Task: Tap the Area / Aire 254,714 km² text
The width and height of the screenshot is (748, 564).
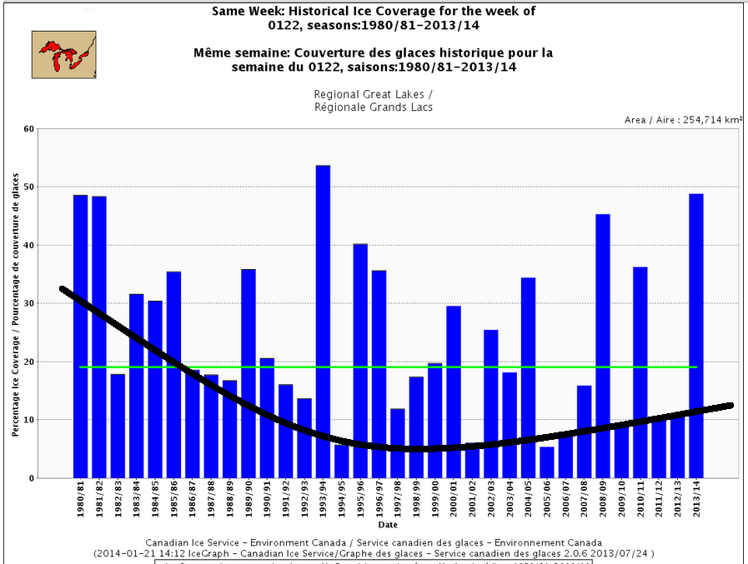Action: (683, 120)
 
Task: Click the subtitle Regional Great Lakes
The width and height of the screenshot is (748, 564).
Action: (373, 94)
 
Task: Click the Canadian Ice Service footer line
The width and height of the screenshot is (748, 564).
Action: (373, 542)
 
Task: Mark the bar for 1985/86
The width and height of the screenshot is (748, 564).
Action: (173, 374)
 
